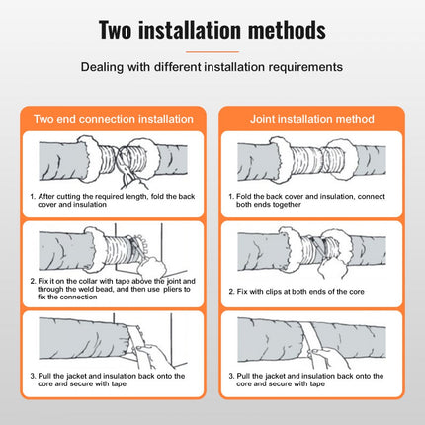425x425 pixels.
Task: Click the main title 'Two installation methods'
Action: pos(212,30)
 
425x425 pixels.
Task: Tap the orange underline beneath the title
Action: pos(212,51)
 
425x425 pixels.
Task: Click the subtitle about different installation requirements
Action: pos(212,68)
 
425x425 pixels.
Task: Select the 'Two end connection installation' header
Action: pos(113,119)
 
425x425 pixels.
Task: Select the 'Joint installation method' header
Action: pos(311,119)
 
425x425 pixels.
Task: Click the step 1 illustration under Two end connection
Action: pos(113,158)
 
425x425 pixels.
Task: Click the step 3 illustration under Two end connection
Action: pos(113,348)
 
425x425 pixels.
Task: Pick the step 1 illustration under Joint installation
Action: pos(311,158)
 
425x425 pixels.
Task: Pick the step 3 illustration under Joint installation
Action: pos(311,348)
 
